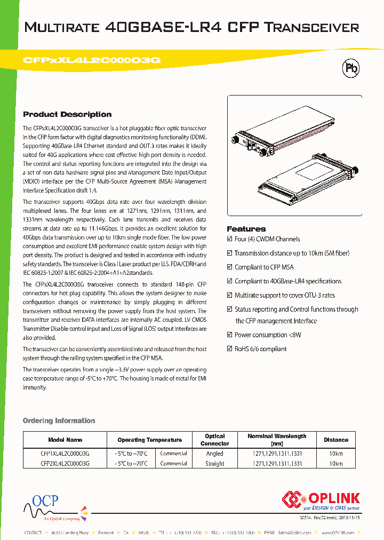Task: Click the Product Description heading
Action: coord(67,114)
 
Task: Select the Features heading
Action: coord(246,228)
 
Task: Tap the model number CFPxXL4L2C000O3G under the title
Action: coord(92,60)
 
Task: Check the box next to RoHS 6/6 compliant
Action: coord(230,349)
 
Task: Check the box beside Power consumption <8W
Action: coord(230,335)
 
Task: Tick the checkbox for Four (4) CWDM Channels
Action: coord(230,239)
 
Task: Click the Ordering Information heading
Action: coord(59,420)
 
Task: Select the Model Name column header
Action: coord(65,440)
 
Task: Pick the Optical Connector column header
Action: coord(215,440)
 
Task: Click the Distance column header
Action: coord(336,440)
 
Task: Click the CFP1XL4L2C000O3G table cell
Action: coord(65,454)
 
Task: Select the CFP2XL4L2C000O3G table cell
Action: coord(65,464)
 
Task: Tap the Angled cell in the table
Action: coord(215,454)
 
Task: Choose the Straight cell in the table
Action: coord(215,464)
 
